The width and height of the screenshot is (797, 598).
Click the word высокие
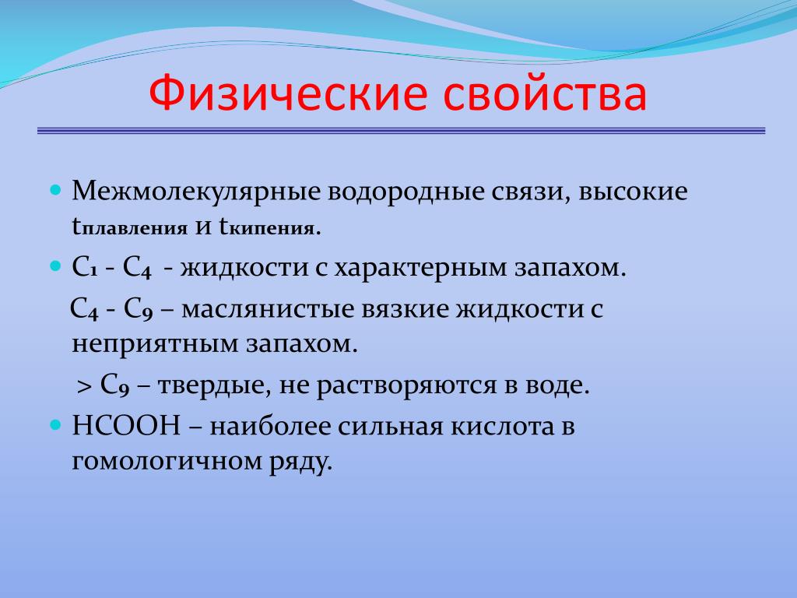[633, 192]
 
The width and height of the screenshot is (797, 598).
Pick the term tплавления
[130, 227]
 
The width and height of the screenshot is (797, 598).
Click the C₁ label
[85, 267]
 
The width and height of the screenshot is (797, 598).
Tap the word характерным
[420, 268]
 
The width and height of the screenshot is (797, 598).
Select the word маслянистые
[268, 309]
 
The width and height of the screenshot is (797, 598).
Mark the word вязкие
[405, 309]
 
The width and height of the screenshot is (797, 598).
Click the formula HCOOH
[127, 426]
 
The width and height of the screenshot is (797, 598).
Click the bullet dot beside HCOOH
[56, 425]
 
